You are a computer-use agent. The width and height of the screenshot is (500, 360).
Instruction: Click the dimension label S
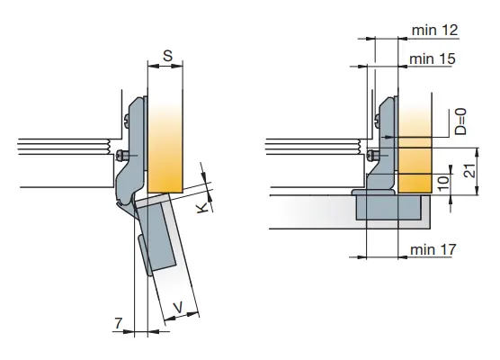click(168, 56)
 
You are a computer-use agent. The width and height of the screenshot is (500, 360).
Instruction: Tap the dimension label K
click(201, 209)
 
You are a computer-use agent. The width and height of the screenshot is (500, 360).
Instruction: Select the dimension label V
click(178, 307)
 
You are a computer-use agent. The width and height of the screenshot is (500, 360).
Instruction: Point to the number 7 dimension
click(119, 323)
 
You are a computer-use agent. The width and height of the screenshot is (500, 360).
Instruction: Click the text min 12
click(435, 31)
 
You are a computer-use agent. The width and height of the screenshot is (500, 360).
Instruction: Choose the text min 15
click(432, 59)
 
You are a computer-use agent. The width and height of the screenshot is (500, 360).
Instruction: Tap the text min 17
click(433, 249)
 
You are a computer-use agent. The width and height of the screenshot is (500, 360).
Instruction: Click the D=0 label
click(460, 121)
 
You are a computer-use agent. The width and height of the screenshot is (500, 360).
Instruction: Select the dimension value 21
click(470, 171)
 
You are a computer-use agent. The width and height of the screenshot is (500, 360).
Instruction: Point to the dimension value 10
click(443, 184)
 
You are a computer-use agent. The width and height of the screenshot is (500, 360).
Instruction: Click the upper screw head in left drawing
click(126, 121)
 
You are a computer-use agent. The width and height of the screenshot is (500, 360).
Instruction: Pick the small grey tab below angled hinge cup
click(145, 256)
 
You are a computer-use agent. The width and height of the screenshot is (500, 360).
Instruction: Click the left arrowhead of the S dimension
click(153, 66)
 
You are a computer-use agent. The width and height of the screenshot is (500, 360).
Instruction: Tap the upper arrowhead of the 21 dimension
click(477, 153)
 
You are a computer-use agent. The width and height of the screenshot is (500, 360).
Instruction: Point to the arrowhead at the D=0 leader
click(390, 137)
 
